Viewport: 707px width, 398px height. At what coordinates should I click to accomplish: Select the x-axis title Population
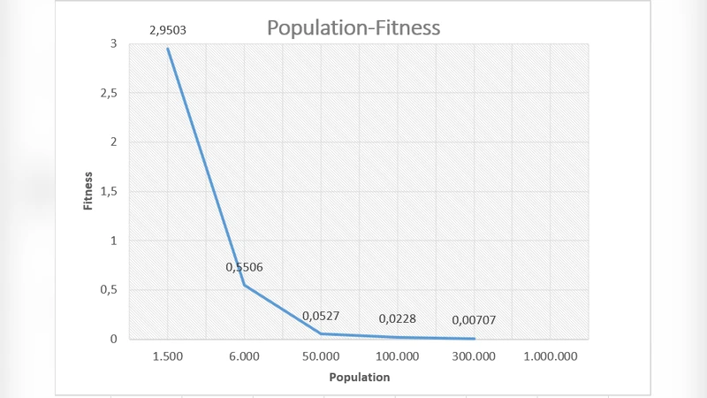(x=359, y=377)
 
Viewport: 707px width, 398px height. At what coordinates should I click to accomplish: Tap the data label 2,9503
(x=168, y=31)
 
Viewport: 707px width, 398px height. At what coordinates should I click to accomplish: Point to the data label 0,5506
(x=244, y=267)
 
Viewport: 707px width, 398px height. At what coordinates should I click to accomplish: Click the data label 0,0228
(x=397, y=319)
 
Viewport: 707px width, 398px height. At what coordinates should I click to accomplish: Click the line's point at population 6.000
(x=244, y=285)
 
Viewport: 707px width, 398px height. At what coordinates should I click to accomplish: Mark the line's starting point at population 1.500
(x=168, y=49)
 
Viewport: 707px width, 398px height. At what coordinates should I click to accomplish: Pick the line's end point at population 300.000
(x=475, y=338)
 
